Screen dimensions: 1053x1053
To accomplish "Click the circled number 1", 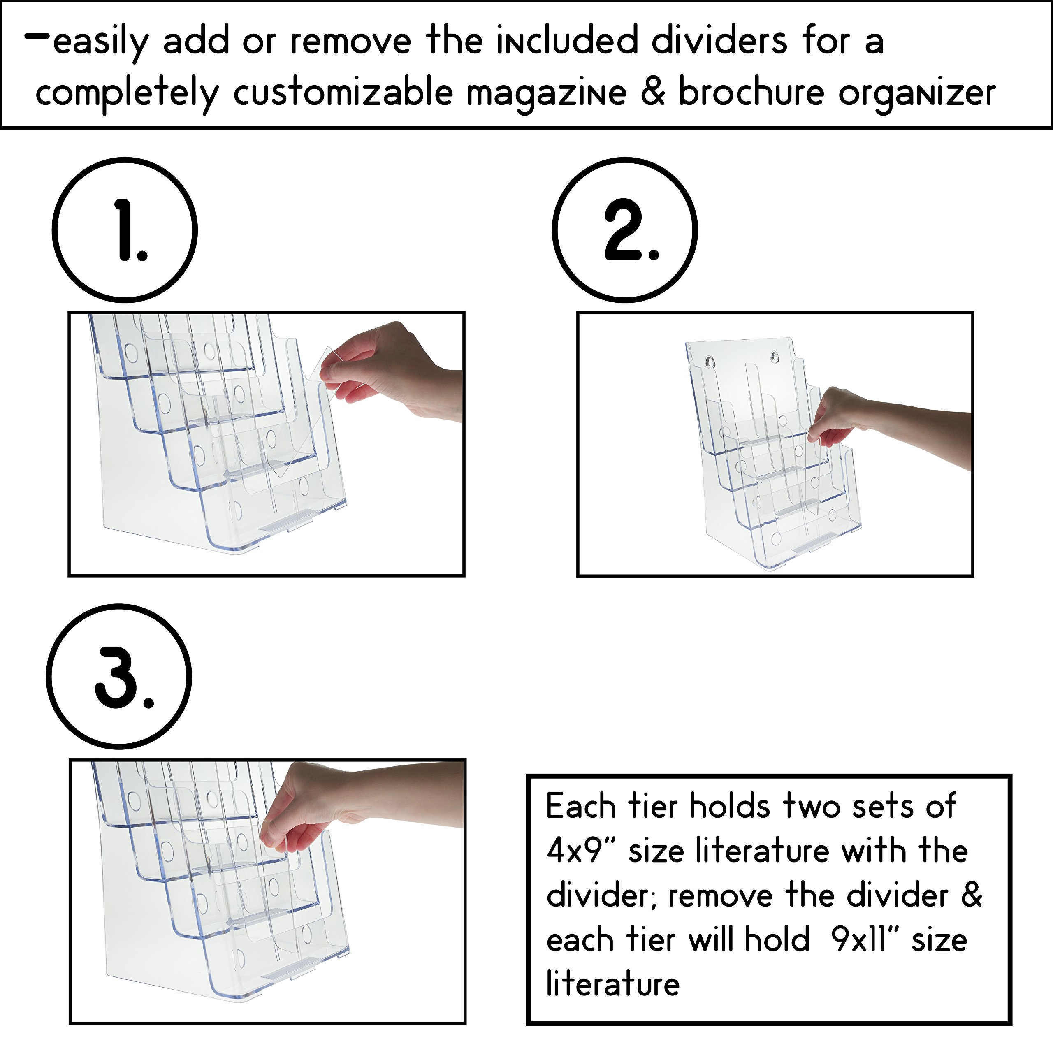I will [x=125, y=230].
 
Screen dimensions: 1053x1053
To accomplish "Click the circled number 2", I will [x=625, y=230].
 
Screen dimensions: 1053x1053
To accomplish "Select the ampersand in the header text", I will [x=652, y=92].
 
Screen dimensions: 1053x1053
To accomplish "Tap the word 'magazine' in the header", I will [x=547, y=93].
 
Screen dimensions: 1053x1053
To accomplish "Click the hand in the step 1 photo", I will [x=382, y=371].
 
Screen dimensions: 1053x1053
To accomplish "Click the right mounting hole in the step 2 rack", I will [x=774, y=357].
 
